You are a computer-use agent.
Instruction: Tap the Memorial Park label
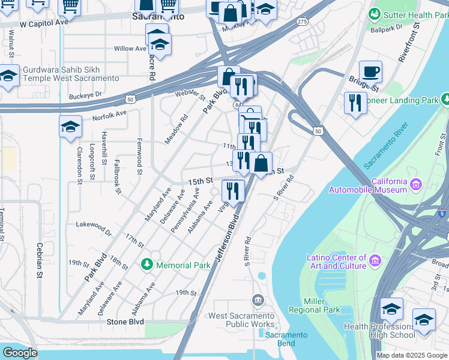coord(183,265)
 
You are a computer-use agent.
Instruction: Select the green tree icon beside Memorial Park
coord(147,265)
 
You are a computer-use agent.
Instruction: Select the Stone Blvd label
coord(125,322)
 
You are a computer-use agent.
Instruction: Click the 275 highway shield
coord(302,22)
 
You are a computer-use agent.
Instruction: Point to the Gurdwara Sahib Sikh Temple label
coord(71,74)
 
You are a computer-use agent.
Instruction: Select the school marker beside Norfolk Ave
coord(70,127)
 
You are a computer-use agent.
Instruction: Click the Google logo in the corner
coord(20,353)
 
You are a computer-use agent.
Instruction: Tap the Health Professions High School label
coord(379,331)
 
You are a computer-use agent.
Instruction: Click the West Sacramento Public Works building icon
coord(258,299)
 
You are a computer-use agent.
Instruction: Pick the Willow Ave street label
coord(130,49)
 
